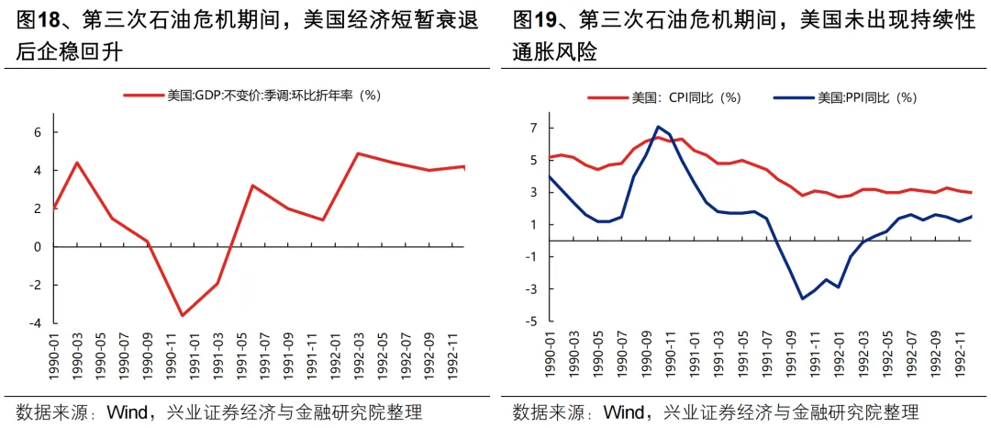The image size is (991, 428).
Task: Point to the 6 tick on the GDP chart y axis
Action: coord(38,132)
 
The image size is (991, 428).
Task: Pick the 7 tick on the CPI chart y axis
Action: coord(532,128)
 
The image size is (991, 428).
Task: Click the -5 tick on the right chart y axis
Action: coord(529,321)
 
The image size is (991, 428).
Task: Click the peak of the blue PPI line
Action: coord(658,127)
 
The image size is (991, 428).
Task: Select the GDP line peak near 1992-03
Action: coord(357,153)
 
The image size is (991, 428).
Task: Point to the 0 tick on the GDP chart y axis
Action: coord(38,247)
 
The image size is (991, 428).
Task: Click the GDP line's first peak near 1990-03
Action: coord(77,163)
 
